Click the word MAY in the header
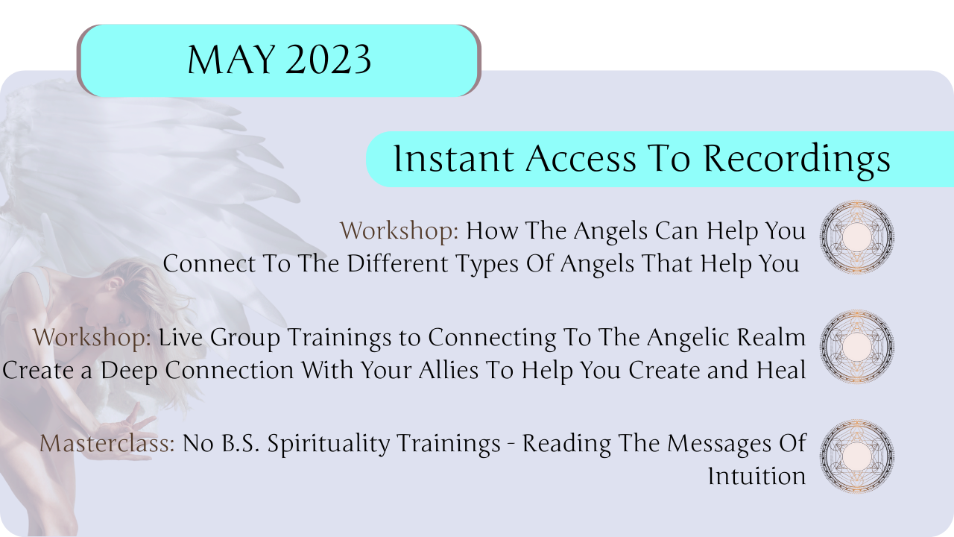pyautogui.click(x=231, y=60)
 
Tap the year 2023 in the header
pyautogui.click(x=328, y=60)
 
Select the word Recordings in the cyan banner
pyautogui.click(x=797, y=160)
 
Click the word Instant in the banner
pyautogui.click(x=454, y=159)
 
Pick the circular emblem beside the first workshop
pyautogui.click(x=857, y=236)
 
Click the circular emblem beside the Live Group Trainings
pyautogui.click(x=857, y=346)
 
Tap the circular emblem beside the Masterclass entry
pyautogui.click(x=857, y=456)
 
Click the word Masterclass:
pyautogui.click(x=107, y=443)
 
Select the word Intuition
pyautogui.click(x=756, y=476)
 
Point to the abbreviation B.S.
pyautogui.click(x=241, y=443)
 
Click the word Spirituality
pyautogui.click(x=329, y=445)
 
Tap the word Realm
pyautogui.click(x=771, y=338)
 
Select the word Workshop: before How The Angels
pyautogui.click(x=399, y=231)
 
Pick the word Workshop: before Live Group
pyautogui.click(x=92, y=338)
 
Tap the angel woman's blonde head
pyautogui.click(x=132, y=294)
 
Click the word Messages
pyautogui.click(x=719, y=445)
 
